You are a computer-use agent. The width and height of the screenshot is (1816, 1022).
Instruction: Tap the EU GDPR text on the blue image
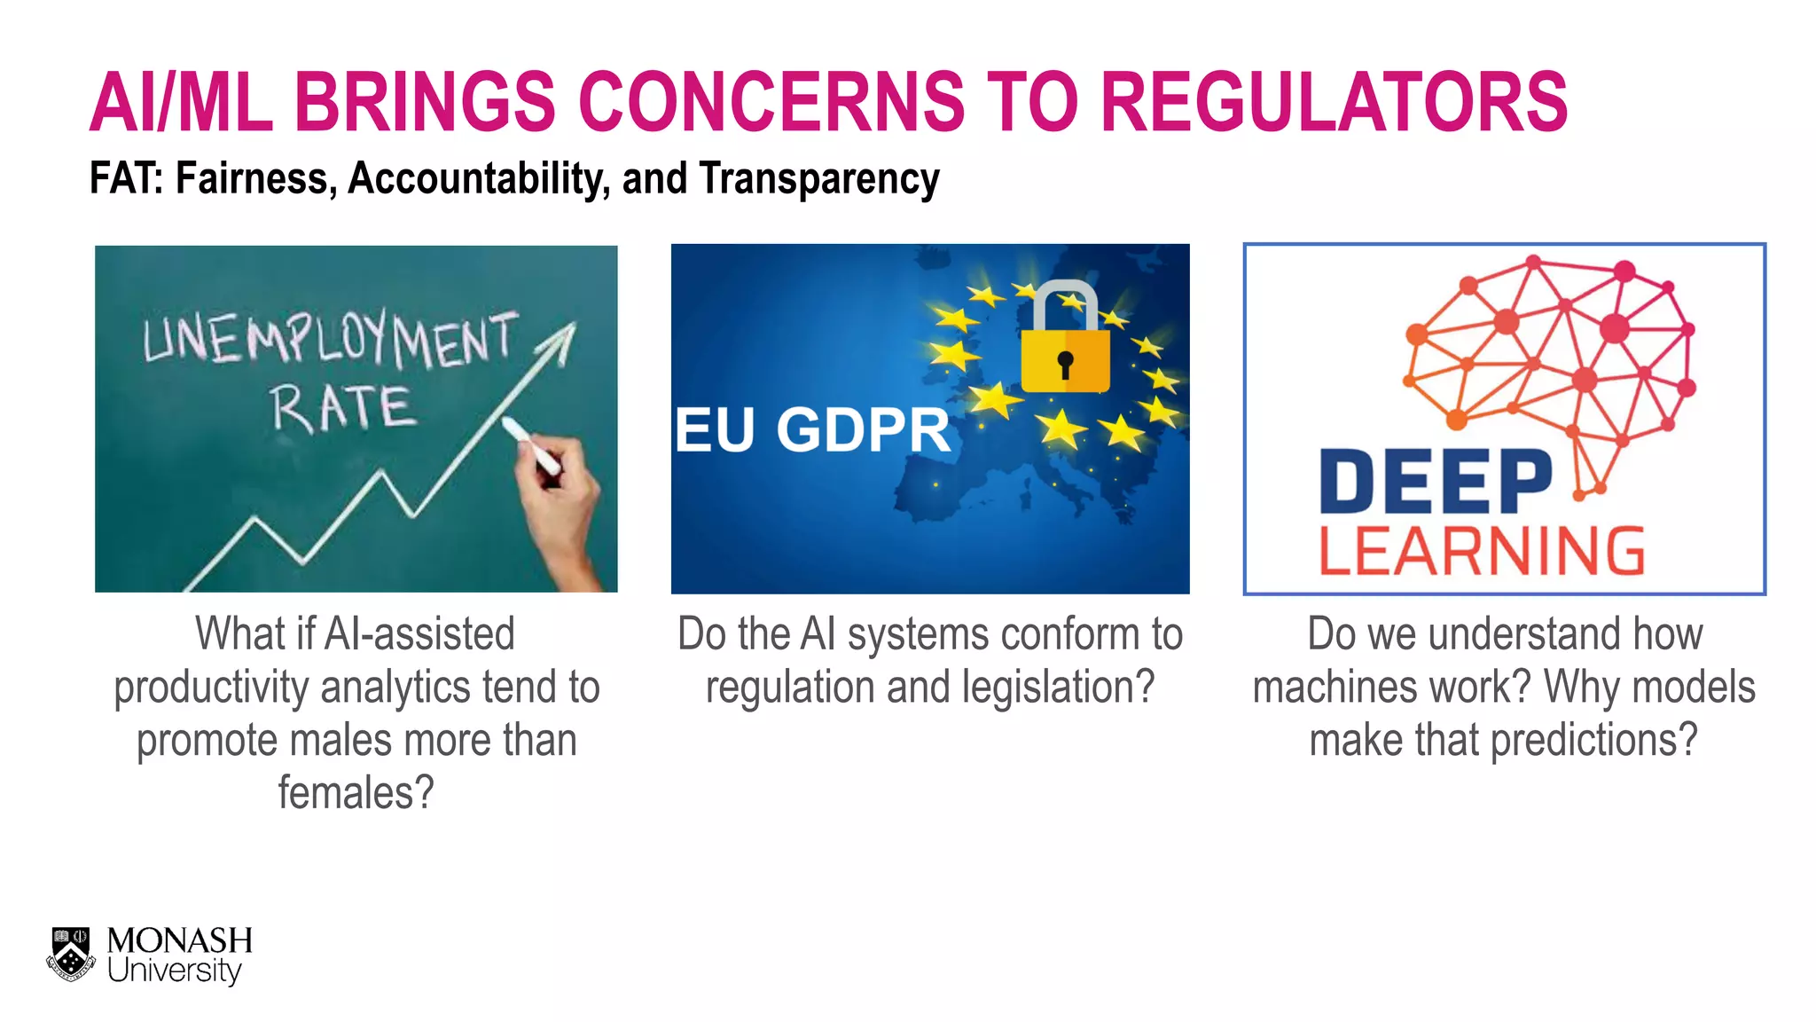(x=811, y=430)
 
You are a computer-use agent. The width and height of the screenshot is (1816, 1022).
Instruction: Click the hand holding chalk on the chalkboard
(x=559, y=497)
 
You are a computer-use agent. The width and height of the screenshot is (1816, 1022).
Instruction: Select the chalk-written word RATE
(x=342, y=409)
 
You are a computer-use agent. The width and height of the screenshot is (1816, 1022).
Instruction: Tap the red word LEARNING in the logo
(x=1481, y=551)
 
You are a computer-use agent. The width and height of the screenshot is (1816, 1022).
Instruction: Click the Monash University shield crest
(x=71, y=955)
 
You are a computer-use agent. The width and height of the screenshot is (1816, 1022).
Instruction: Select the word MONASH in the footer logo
(x=179, y=940)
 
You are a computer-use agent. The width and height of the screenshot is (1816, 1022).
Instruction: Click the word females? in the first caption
(x=356, y=792)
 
